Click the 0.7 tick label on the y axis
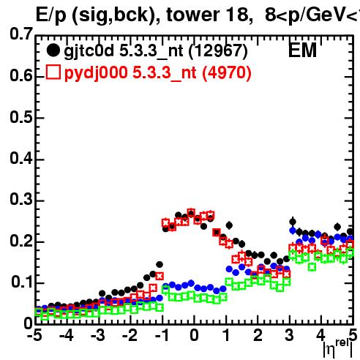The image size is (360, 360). pyautogui.click(x=21, y=34)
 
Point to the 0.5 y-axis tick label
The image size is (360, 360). pyautogui.click(x=21, y=117)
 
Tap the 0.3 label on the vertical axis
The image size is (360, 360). pyautogui.click(x=21, y=199)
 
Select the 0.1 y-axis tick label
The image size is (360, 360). pyautogui.click(x=22, y=282)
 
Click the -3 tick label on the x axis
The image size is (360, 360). pyautogui.click(x=98, y=336)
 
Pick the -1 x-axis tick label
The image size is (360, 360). pyautogui.click(x=162, y=336)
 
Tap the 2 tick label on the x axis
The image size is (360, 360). pyautogui.click(x=258, y=336)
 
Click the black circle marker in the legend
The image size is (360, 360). pyautogui.click(x=53, y=50)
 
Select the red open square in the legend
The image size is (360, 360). pyautogui.click(x=53, y=72)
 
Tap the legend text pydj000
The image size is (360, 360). pyautogui.click(x=96, y=73)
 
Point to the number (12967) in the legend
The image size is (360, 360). pyautogui.click(x=218, y=51)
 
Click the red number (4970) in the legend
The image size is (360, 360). pyautogui.click(x=227, y=73)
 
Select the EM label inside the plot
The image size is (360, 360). pyautogui.click(x=302, y=50)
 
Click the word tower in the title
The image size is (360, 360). pyautogui.click(x=193, y=15)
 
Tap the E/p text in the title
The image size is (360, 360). pyautogui.click(x=51, y=16)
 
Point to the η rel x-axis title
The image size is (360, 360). pyautogui.click(x=338, y=349)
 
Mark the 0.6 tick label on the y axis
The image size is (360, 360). pyautogui.click(x=21, y=76)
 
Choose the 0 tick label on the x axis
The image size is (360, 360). pyautogui.click(x=194, y=336)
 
